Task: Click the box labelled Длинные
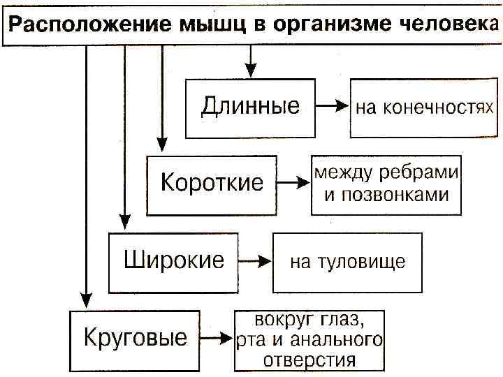click(250, 108)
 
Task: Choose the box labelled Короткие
click(212, 184)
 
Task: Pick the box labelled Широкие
click(174, 262)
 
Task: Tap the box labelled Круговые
click(136, 339)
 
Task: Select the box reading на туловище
click(347, 262)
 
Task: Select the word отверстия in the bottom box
click(309, 360)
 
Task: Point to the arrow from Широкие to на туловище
click(256, 262)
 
